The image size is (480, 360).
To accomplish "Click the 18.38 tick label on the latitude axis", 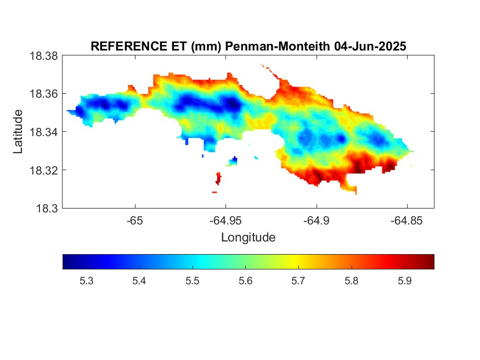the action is pos(43,56).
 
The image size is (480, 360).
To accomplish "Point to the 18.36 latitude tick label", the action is pos(43,94).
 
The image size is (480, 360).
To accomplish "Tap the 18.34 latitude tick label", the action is pos(43,132).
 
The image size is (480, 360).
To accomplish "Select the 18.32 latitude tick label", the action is pos(43,170).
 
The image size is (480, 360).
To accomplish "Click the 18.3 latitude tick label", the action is pos(47,209).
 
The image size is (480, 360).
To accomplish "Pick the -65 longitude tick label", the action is pos(135,221).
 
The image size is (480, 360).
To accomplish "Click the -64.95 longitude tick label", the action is pos(225,221).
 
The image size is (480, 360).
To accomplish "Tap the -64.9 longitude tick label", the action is pos(317,221).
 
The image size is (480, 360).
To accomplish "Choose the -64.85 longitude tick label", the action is pos(407,221).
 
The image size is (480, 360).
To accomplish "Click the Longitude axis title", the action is pos(249,237).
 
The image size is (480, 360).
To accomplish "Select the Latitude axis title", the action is pos(18,131).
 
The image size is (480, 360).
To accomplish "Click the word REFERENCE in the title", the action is pos(128,46).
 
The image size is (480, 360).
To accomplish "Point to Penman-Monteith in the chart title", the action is pos(278,46).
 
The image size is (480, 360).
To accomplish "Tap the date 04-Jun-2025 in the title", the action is pos(370,46).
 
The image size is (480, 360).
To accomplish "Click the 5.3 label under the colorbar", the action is pos(86,281).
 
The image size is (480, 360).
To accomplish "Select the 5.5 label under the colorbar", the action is pos(192,281).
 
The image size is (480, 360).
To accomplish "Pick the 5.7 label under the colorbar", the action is pos(298,281).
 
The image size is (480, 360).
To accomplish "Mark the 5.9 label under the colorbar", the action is pos(405,281).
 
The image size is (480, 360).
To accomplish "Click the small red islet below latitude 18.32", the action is pos(218,178).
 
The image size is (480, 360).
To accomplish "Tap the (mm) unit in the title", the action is pos(206,47).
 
